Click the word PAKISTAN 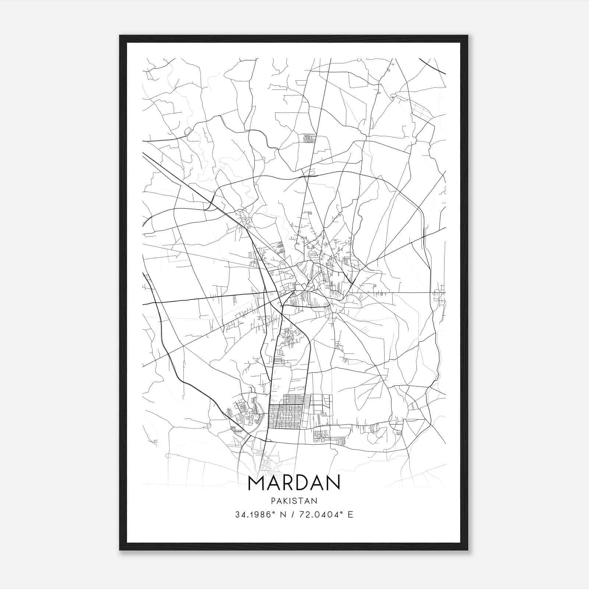point(294,501)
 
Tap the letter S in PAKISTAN point(296,501)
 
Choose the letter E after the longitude point(350,515)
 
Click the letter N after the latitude point(283,515)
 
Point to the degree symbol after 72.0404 point(340,512)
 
